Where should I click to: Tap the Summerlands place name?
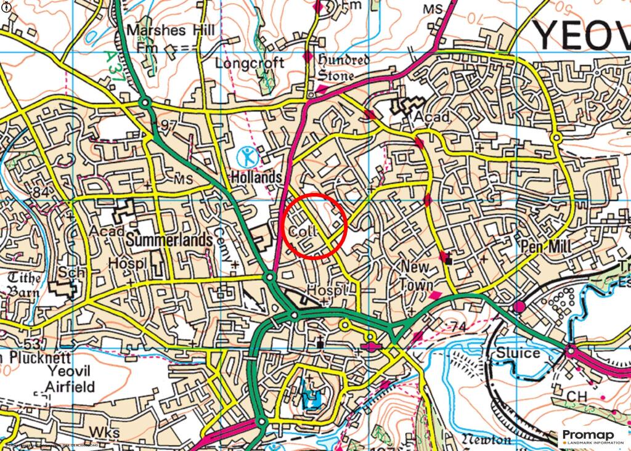pyautogui.click(x=169, y=241)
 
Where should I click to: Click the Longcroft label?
pyautogui.click(x=250, y=63)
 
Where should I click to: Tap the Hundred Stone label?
pyautogui.click(x=343, y=68)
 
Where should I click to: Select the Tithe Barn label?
pyautogui.click(x=24, y=284)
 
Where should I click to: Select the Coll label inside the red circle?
pyautogui.click(x=303, y=232)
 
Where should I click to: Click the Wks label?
pyautogui.click(x=104, y=431)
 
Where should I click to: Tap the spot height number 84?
pyautogui.click(x=41, y=193)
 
